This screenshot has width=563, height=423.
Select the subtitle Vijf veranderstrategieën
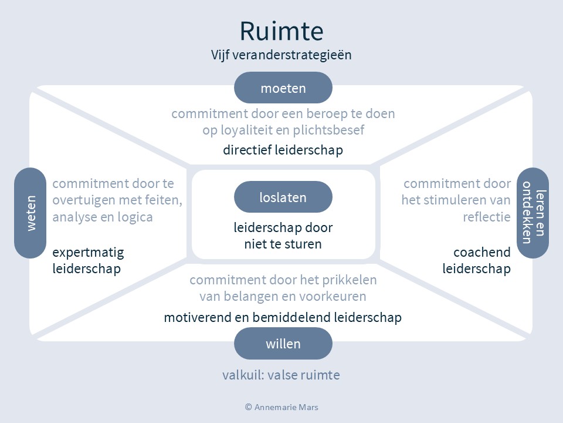281,55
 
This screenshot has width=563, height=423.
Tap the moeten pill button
283,88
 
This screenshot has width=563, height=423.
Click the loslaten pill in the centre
283,197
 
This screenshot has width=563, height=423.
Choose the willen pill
283,344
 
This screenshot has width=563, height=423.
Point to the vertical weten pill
30,213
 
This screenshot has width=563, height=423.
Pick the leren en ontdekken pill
533,213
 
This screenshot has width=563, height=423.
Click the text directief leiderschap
283,150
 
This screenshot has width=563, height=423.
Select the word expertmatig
88,253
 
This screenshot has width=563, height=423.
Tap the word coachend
481,253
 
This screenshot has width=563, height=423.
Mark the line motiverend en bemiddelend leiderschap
283,318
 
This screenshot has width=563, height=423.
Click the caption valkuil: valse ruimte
281,375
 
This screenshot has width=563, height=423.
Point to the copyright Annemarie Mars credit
281,407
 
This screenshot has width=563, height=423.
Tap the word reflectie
486,217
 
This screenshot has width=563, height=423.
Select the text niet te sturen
283,243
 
